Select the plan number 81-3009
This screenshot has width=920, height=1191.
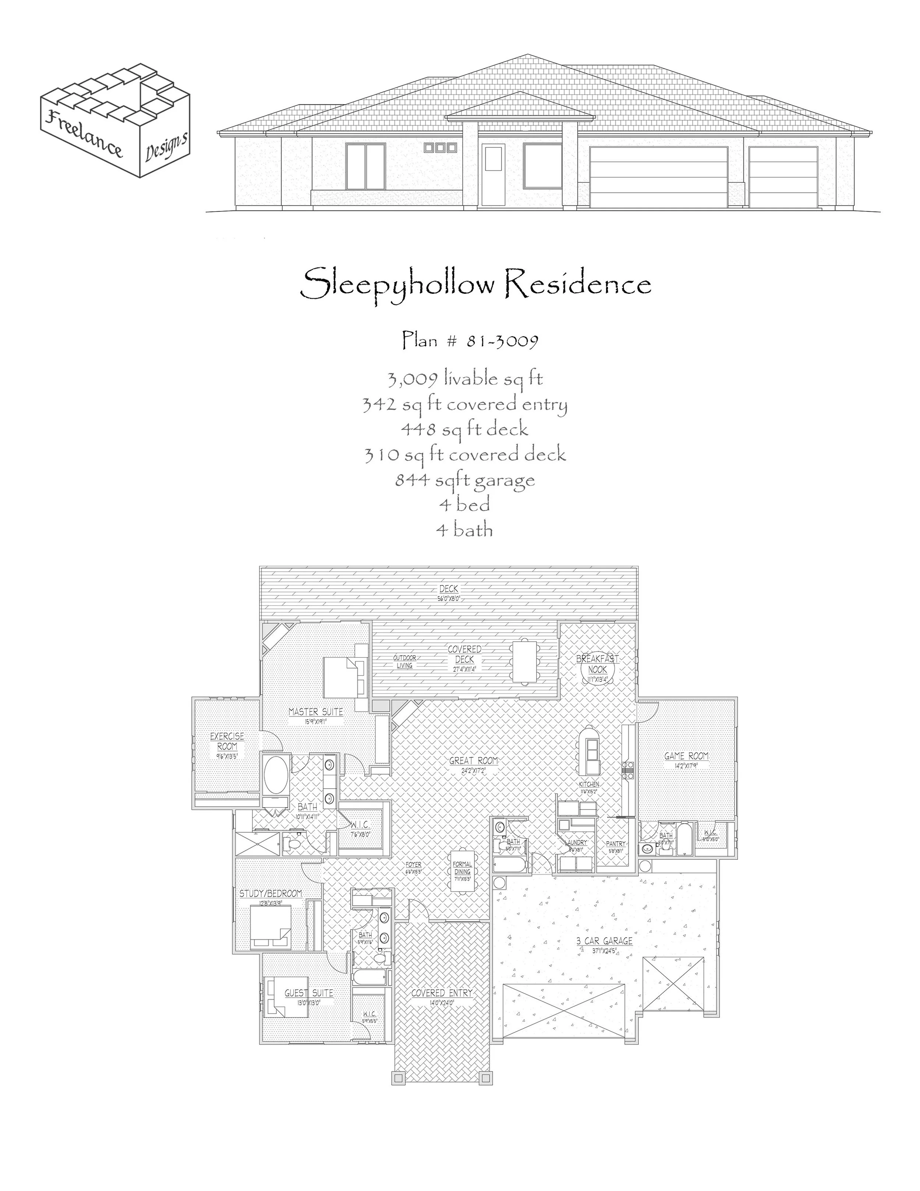tap(502, 341)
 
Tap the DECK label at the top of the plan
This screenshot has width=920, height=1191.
tap(449, 589)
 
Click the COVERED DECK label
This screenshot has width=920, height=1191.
tap(464, 654)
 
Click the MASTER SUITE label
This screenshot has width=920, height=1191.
tap(316, 712)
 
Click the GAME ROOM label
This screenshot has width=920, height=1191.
tap(686, 756)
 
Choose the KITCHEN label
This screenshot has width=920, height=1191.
tap(589, 784)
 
